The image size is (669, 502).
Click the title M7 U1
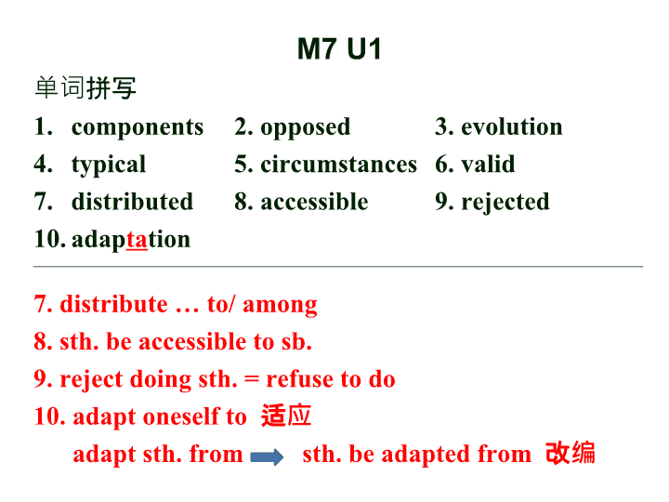[339, 48]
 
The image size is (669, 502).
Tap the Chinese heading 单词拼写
[85, 88]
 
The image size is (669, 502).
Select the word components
[138, 127]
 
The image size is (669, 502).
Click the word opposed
[306, 127]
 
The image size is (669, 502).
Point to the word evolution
[512, 126]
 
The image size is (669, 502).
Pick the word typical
[109, 165]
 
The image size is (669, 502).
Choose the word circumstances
[339, 165]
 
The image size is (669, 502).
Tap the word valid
[488, 164]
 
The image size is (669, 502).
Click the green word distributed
[132, 202]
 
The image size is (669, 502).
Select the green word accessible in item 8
[314, 202]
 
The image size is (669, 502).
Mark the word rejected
[505, 203]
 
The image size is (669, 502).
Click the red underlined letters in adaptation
[137, 240]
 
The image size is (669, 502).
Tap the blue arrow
[267, 457]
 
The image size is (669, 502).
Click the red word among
[280, 306]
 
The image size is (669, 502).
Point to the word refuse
[303, 379]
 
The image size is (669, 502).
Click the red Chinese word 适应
[286, 416]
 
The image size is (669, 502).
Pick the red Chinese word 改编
[571, 453]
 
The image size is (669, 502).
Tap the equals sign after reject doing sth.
[252, 379]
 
